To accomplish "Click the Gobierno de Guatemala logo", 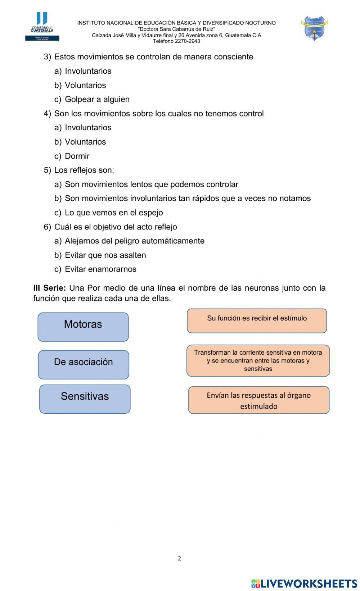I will pos(42,26).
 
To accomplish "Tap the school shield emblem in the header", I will pos(314,28).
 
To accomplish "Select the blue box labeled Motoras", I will pos(83,327).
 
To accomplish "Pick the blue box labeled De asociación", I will pos(84,364).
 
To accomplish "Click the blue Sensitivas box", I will pos(85,399).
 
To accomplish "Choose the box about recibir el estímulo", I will pos(257,320).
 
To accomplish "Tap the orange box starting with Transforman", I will pos(258,360).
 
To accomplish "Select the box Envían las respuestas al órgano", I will pos(258,400).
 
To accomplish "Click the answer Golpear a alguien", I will pos(97,99).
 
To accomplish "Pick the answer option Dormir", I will pos(77,156).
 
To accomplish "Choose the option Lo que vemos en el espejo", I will pos(114,213).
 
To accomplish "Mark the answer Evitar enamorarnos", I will pos(100,269).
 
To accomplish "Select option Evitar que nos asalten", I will pos(105,255).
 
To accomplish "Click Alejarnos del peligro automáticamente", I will pos(134,241).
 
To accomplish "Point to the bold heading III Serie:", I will pos(49,288).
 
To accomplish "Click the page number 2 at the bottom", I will pos(179,558).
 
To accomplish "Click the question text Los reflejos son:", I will pos(84,170).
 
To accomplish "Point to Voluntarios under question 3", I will pos(85,85).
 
